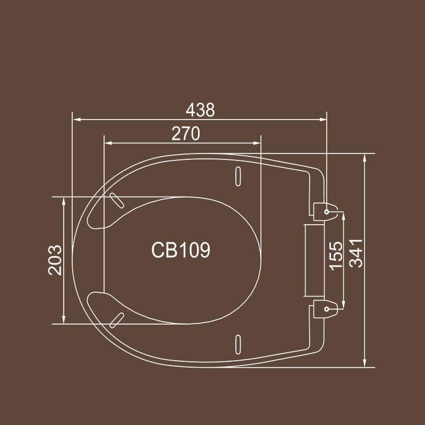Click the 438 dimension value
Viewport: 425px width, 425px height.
click(201, 110)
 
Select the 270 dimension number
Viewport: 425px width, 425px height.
click(185, 134)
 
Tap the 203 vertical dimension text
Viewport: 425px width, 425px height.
click(55, 260)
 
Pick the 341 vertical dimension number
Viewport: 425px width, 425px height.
click(355, 253)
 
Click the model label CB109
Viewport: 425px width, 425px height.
click(181, 250)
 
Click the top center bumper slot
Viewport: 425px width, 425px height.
click(238, 175)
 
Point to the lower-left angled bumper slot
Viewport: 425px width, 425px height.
click(116, 319)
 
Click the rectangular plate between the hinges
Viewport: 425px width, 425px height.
click(314, 260)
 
